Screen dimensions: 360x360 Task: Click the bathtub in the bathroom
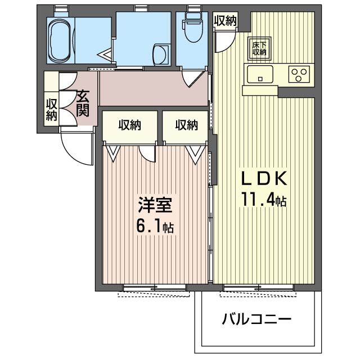pyautogui.click(x=61, y=40)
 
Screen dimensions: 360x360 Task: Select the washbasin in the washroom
pyautogui.click(x=161, y=55)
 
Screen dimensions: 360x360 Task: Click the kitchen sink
pyautogui.click(x=260, y=74)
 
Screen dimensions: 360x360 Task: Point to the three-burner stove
pyautogui.click(x=299, y=74)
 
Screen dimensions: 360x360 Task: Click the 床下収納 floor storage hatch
pyautogui.click(x=259, y=49)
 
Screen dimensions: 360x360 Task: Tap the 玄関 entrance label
pyautogui.click(x=83, y=103)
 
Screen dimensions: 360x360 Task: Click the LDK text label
pyautogui.click(x=264, y=178)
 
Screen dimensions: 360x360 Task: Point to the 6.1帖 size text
pyautogui.click(x=155, y=226)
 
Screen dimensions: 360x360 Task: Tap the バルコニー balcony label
pyautogui.click(x=256, y=319)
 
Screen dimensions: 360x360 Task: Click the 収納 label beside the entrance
pyautogui.click(x=51, y=110)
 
